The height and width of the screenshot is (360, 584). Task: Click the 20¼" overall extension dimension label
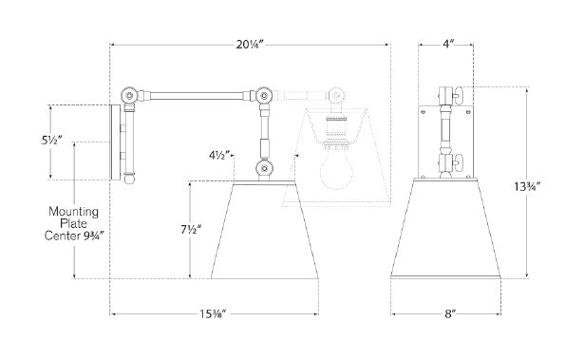tap(250, 45)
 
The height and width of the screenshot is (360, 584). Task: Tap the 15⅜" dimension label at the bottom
tap(213, 314)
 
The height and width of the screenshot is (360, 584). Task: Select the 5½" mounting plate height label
tap(51, 141)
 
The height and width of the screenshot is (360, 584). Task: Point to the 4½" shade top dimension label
tap(219, 155)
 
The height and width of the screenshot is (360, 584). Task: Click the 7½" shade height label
tap(191, 230)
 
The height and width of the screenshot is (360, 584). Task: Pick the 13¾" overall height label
tap(527, 186)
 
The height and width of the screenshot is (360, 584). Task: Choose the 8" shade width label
tap(450, 314)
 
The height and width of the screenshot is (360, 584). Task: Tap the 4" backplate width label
tap(448, 45)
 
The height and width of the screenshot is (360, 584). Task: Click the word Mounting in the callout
tap(74, 212)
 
